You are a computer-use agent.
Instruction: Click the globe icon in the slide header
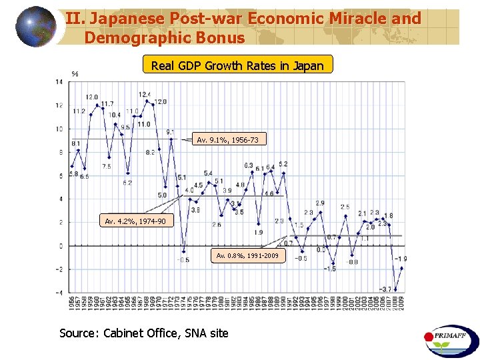pos(36,27)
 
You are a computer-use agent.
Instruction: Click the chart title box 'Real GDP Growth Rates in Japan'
pos(237,65)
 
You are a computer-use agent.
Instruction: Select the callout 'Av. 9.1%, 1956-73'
pos(227,140)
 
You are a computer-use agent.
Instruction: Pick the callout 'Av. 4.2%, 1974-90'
pos(131,221)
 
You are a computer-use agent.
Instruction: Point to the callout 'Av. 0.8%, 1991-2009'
pos(248,255)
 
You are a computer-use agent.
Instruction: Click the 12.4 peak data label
pos(145,95)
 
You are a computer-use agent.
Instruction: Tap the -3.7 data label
pos(385,289)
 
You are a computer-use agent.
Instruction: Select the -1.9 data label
pos(401,259)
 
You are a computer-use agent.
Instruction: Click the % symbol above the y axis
pos(75,73)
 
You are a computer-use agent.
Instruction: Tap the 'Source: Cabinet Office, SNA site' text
pos(144,333)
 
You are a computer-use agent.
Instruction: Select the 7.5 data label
pos(107,166)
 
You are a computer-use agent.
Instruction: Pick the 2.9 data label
pos(320,203)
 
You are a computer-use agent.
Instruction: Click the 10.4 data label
pos(115,115)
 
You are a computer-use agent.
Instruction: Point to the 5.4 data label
pos(208,173)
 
